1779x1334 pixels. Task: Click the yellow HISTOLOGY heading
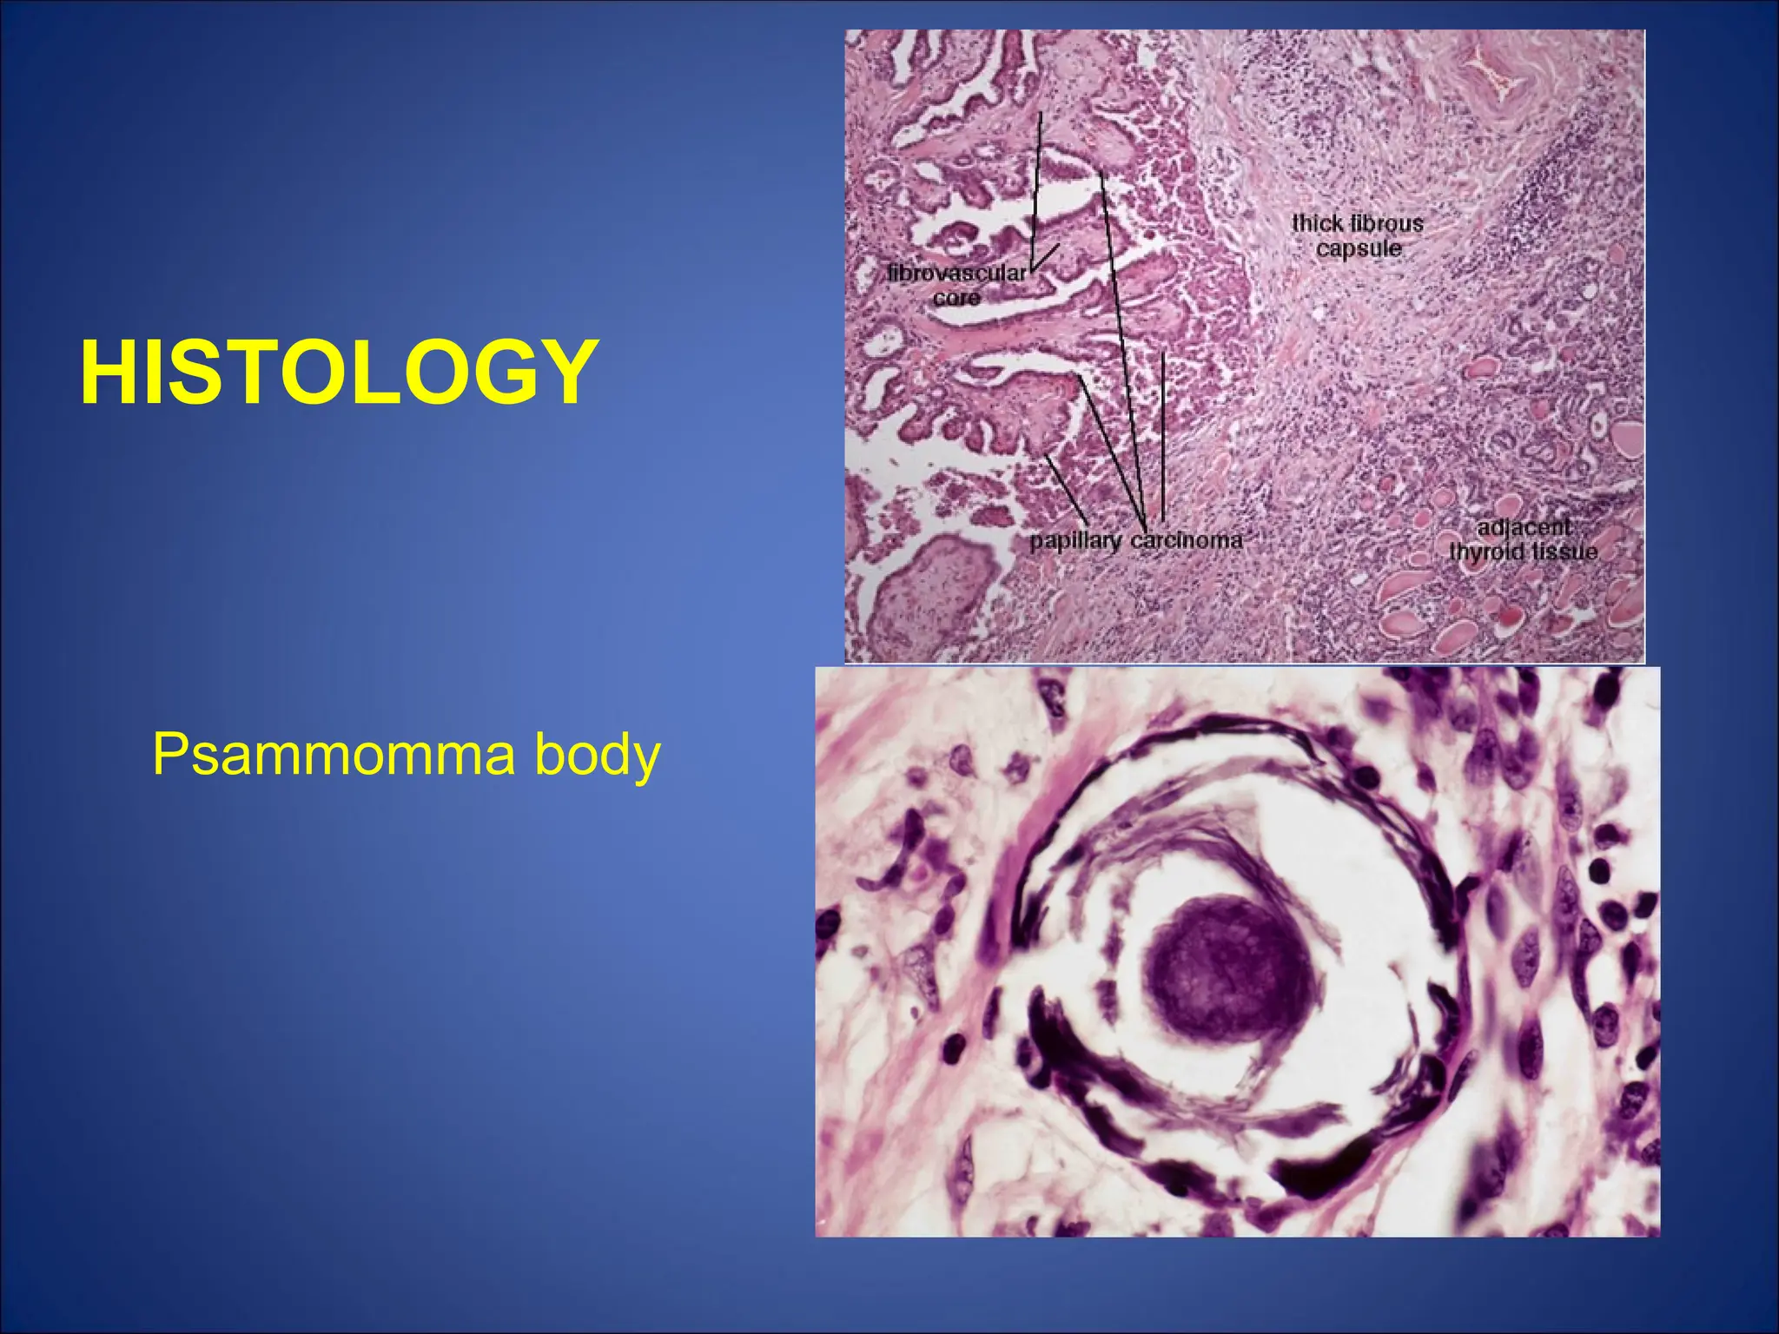[x=339, y=373]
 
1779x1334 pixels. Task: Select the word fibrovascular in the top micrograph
[x=956, y=274]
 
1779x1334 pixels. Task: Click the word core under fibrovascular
[x=956, y=298]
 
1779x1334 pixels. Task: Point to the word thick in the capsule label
[x=1316, y=223]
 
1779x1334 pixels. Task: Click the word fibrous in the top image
[x=1386, y=223]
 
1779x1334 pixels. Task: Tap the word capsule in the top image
[x=1359, y=248]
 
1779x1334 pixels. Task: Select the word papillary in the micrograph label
[x=1075, y=540]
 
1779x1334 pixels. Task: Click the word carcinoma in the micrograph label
[x=1187, y=540]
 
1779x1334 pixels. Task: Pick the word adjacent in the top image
[x=1524, y=526]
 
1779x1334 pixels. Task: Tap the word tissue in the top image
[x=1564, y=551]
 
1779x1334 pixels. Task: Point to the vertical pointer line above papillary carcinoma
[x=1162, y=434]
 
